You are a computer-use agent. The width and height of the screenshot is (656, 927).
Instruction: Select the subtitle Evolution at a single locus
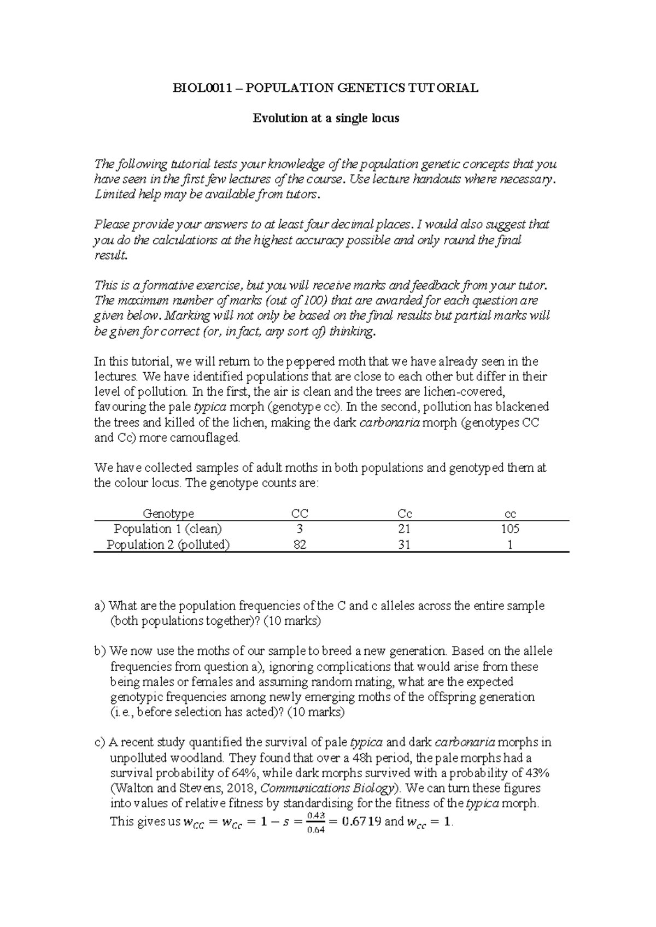pyautogui.click(x=326, y=118)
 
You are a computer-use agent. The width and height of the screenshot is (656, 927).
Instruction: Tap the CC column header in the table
pyautogui.click(x=300, y=514)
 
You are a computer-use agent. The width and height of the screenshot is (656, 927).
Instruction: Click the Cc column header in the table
pyautogui.click(x=405, y=514)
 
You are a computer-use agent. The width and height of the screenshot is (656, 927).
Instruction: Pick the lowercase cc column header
pyautogui.click(x=510, y=514)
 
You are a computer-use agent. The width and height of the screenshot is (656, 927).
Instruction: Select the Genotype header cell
pyautogui.click(x=168, y=514)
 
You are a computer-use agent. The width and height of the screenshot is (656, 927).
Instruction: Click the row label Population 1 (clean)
pyautogui.click(x=168, y=529)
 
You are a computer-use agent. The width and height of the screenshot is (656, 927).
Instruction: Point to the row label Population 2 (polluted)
pyautogui.click(x=168, y=545)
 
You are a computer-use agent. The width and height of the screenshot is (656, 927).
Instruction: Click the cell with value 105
pyautogui.click(x=509, y=529)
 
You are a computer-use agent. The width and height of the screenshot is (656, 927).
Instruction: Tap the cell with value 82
pyautogui.click(x=300, y=545)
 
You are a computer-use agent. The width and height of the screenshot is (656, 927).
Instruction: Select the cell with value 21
pyautogui.click(x=405, y=529)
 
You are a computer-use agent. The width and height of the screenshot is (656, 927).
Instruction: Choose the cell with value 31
pyautogui.click(x=405, y=545)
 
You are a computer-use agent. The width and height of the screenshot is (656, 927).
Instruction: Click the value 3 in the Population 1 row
pyautogui.click(x=300, y=529)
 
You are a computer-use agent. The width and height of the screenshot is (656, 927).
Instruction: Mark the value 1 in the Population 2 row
pyautogui.click(x=510, y=545)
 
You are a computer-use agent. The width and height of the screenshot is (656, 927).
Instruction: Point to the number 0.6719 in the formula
pyautogui.click(x=361, y=821)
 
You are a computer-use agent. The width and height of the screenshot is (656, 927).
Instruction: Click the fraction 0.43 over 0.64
pyautogui.click(x=316, y=822)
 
